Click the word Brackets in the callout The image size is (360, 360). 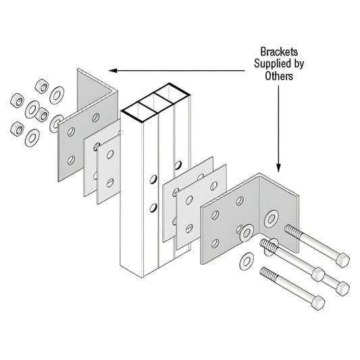click(x=279, y=51)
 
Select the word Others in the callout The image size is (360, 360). click(x=278, y=76)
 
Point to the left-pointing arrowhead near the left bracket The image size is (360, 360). click(x=113, y=70)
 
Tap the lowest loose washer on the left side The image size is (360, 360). click(x=32, y=137)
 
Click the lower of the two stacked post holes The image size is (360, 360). click(x=153, y=207)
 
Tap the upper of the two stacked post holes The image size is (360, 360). click(x=153, y=180)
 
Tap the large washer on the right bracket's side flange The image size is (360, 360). click(x=272, y=218)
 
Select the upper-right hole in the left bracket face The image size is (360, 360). click(x=95, y=118)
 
